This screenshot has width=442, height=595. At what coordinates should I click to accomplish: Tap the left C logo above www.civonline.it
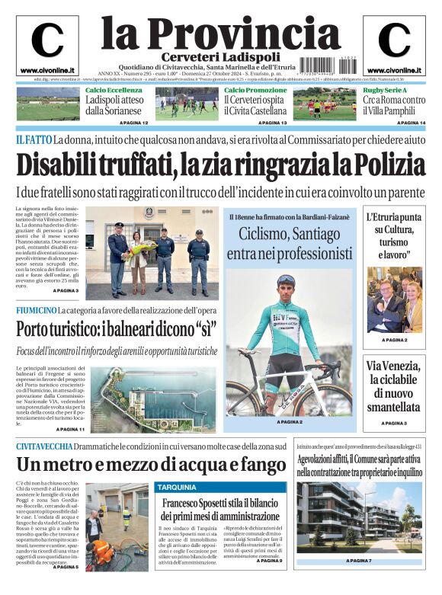pyautogui.click(x=47, y=41)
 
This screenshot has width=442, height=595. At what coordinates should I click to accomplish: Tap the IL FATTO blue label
pyautogui.click(x=34, y=140)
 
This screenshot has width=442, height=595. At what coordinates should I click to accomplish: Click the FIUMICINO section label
pyautogui.click(x=36, y=311)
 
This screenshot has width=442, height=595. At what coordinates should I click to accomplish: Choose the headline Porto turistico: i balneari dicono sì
pyautogui.click(x=117, y=330)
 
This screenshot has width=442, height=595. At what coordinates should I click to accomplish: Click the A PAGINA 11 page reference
pyautogui.click(x=69, y=430)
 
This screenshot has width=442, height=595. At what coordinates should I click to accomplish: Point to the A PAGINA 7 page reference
pyautogui.click(x=359, y=561)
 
